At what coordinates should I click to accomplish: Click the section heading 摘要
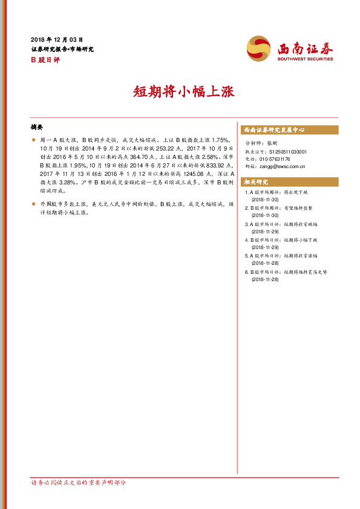(36, 128)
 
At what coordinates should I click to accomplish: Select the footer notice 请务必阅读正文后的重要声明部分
(79, 482)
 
